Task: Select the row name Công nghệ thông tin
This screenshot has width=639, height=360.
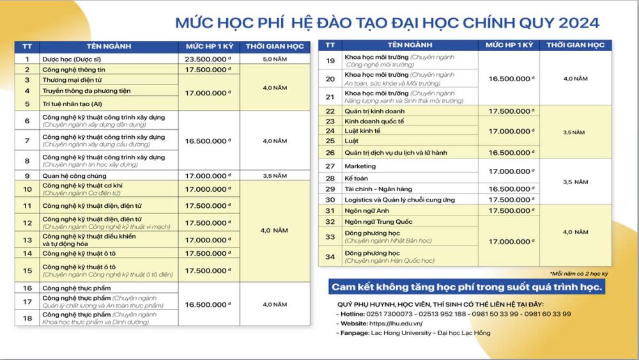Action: tap(73, 69)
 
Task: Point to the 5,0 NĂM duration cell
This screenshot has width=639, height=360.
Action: tap(275, 58)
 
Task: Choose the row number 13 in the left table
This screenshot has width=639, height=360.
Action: tap(27, 240)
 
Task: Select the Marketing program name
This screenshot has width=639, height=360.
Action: tap(360, 166)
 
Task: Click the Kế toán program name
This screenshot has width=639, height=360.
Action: tap(357, 178)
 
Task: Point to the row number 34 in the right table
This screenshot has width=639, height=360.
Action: tap(330, 256)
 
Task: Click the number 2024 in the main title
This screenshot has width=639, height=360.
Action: tap(579, 23)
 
